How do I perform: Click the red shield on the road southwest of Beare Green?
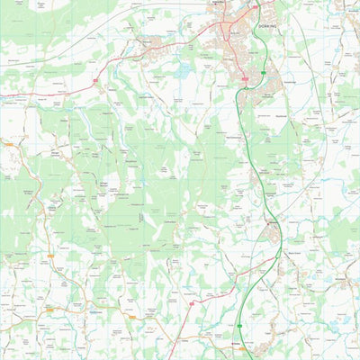tap(191, 304)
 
